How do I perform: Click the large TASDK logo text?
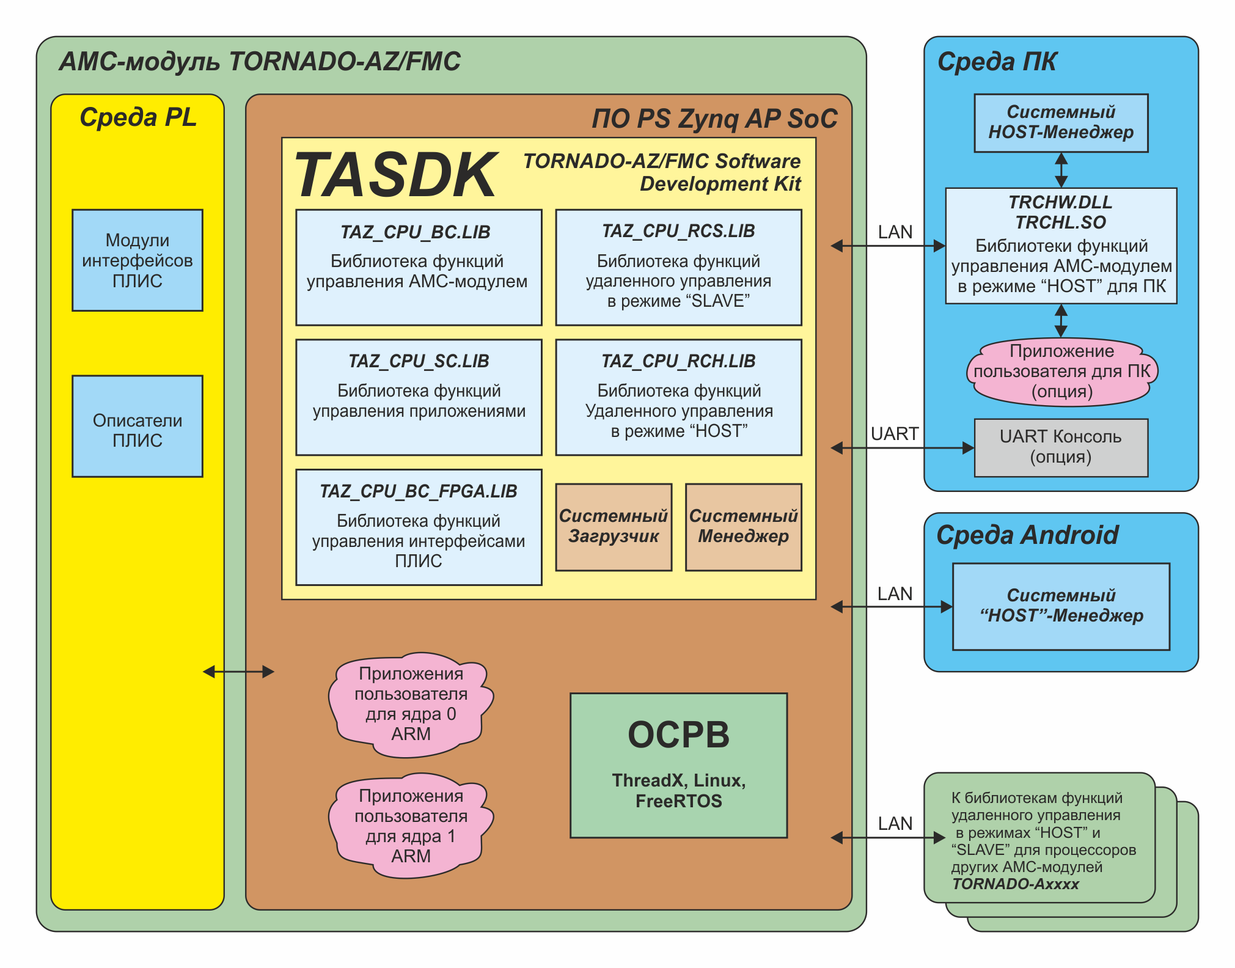[395, 176]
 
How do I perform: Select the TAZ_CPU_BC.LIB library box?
[419, 267]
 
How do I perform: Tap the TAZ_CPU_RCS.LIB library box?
[678, 267]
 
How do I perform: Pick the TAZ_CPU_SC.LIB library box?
[419, 397]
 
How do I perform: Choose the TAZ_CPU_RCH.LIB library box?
[678, 397]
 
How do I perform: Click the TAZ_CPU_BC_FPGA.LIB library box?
[419, 527]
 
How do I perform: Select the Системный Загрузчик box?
[614, 527]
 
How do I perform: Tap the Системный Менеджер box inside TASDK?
[743, 527]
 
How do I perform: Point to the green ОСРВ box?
[678, 765]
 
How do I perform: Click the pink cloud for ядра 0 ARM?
[411, 704]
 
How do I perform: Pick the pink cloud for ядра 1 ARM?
[411, 826]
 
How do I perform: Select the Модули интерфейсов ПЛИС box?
[137, 260]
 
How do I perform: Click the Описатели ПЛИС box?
[137, 426]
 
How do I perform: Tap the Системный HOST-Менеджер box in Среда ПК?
[1061, 123]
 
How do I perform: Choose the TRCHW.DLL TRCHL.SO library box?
[1061, 246]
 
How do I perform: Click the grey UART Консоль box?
[1061, 447]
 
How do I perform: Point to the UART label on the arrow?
[895, 434]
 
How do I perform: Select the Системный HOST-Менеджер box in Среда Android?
[1061, 606]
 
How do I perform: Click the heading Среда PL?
[138, 117]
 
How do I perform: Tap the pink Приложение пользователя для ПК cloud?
[1062, 372]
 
